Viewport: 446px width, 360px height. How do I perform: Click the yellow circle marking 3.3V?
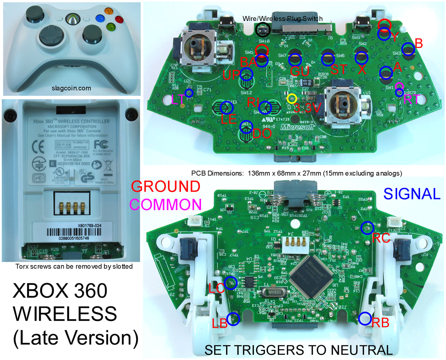click(291, 99)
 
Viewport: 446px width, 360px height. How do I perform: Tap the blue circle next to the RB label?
click(365, 318)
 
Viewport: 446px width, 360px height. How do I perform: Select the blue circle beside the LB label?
click(233, 319)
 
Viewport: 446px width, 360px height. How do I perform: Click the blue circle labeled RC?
click(367, 227)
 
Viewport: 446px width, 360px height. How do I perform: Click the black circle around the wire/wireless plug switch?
click(262, 29)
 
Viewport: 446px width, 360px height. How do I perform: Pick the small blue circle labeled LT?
click(189, 93)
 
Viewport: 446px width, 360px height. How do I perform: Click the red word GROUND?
click(167, 187)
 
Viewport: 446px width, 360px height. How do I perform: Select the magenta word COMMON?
click(167, 204)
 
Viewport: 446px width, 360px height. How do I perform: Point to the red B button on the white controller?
click(120, 18)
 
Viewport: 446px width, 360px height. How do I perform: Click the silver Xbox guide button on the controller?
click(71, 18)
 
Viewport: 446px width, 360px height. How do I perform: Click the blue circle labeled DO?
click(246, 127)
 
